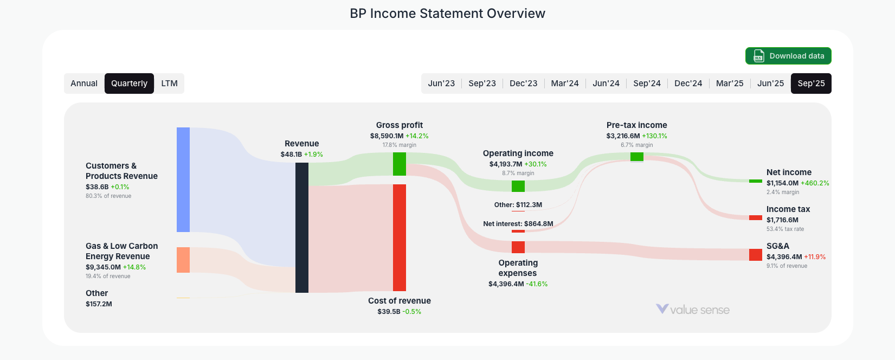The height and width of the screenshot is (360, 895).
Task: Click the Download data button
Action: pyautogui.click(x=788, y=56)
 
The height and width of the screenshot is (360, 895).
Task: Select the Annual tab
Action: pyautogui.click(x=84, y=83)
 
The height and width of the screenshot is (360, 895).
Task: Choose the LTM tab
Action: pyautogui.click(x=169, y=83)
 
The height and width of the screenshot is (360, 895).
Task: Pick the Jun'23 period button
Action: pyautogui.click(x=441, y=83)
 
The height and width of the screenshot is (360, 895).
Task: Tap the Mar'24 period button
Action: pyautogui.click(x=564, y=83)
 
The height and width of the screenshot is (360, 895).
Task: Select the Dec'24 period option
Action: pyautogui.click(x=688, y=83)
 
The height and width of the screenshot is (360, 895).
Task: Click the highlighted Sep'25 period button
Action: pyautogui.click(x=811, y=83)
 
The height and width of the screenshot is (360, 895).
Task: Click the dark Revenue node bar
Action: pyautogui.click(x=302, y=228)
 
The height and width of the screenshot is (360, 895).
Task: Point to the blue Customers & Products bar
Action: pyautogui.click(x=183, y=179)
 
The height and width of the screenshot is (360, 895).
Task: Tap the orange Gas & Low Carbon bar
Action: pyautogui.click(x=183, y=260)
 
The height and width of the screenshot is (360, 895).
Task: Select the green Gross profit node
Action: pyautogui.click(x=400, y=164)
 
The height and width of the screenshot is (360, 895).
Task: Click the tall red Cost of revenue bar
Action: pyautogui.click(x=400, y=237)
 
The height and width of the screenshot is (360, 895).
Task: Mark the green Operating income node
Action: pyautogui.click(x=518, y=186)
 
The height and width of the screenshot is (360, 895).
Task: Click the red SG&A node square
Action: pyautogui.click(x=756, y=255)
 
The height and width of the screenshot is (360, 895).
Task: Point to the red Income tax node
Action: pyautogui.click(x=756, y=217)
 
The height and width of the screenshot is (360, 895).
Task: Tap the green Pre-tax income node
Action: pyautogui.click(x=637, y=157)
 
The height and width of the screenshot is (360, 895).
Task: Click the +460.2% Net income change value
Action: pyautogui.click(x=815, y=183)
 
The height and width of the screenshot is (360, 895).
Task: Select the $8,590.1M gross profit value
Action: pyautogui.click(x=387, y=136)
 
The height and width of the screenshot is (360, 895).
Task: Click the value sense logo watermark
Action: pyautogui.click(x=693, y=310)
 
